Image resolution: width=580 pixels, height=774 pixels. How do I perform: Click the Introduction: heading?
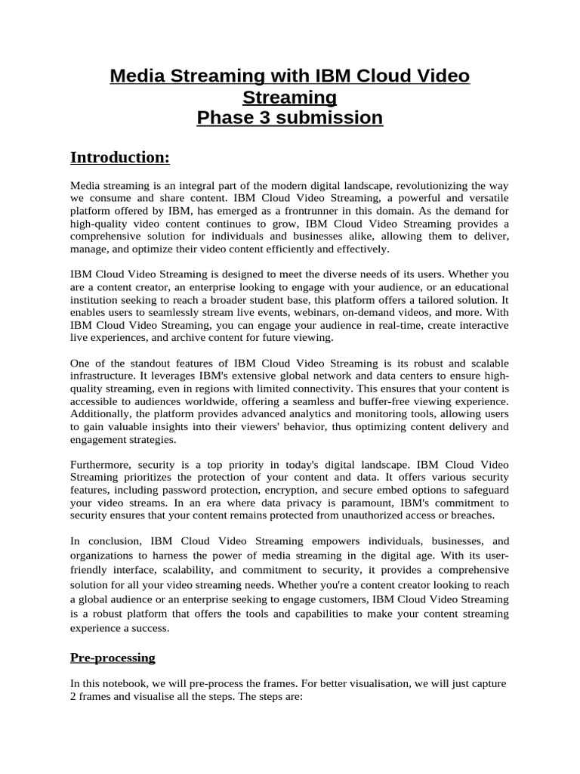(120, 157)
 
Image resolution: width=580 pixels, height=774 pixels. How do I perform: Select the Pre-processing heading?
(113, 658)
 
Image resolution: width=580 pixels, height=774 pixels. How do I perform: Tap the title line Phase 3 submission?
(290, 118)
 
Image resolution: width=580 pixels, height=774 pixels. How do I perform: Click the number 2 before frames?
(73, 697)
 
